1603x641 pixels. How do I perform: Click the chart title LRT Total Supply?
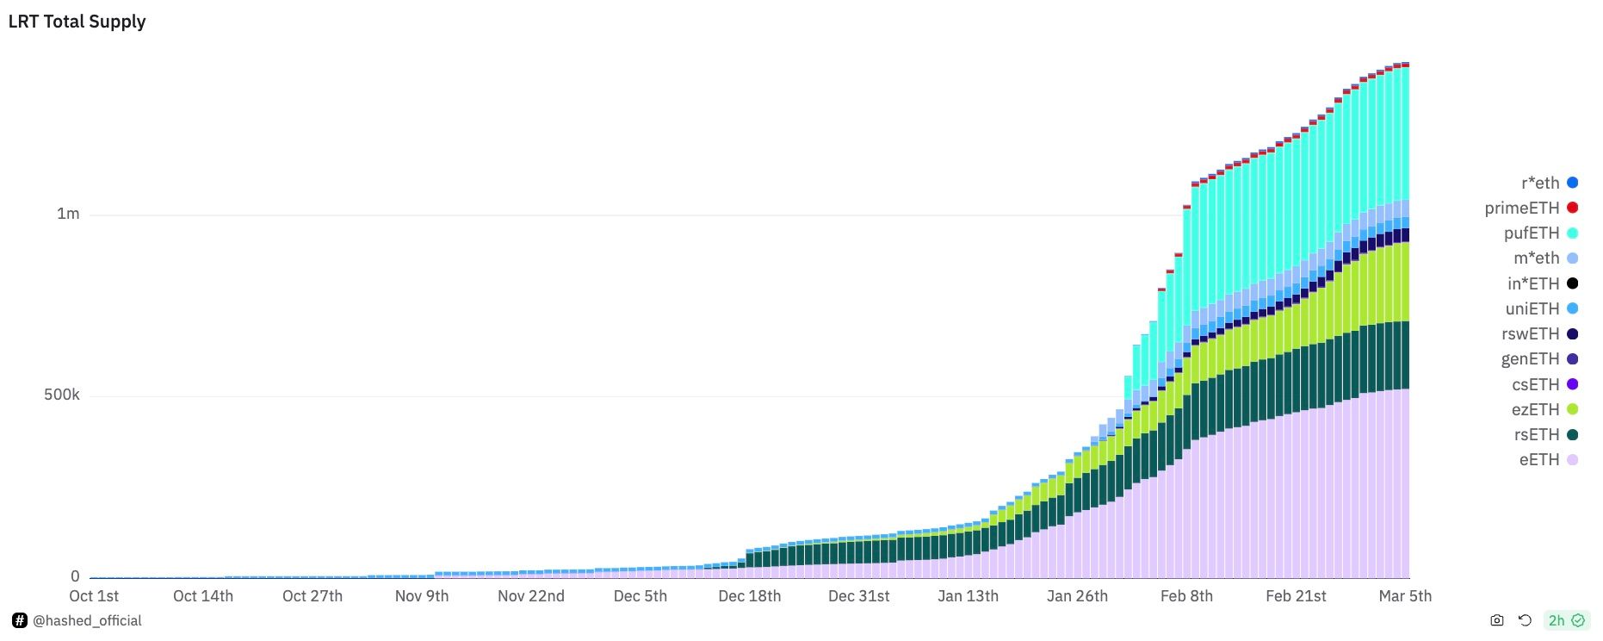[77, 22]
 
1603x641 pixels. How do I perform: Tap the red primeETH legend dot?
[1572, 208]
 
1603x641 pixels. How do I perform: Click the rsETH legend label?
[1537, 434]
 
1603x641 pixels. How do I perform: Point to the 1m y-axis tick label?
[68, 214]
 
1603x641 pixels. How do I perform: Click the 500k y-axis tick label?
[61, 395]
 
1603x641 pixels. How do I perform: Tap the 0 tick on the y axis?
[75, 576]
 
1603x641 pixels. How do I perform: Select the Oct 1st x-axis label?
[94, 596]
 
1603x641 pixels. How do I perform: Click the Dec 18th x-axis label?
[750, 596]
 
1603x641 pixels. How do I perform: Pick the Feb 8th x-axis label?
[1186, 596]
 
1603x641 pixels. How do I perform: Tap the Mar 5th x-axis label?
[1405, 596]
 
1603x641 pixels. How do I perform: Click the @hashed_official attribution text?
[87, 620]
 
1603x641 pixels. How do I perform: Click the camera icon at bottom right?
[1497, 620]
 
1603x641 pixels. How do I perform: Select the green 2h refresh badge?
[1566, 620]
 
